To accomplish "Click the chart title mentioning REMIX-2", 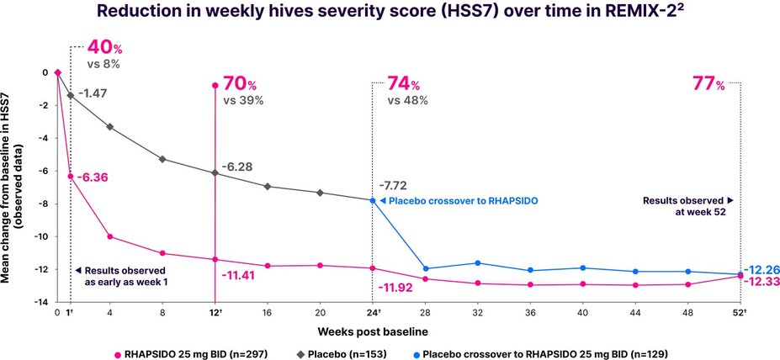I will point(390,14).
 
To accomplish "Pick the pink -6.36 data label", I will point(93,177).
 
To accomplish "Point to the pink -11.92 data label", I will point(396,289).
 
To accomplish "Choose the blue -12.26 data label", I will point(760,269).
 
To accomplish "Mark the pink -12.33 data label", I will point(760,282).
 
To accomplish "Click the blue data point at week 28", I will point(426,268).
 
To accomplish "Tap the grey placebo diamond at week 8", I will point(162,159).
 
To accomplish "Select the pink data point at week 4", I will point(110,236).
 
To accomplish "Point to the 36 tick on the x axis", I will point(530,313).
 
